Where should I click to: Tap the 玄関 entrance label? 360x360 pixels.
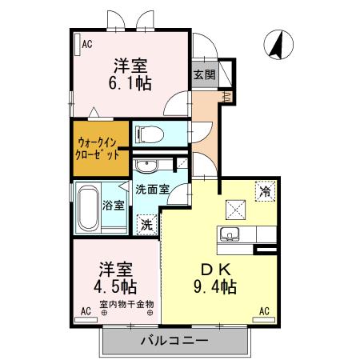tap(203, 74)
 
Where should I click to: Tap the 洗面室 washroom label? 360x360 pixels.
tap(152, 189)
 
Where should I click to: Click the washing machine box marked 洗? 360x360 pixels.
tap(146, 225)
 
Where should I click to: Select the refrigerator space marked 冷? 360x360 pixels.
tap(264, 191)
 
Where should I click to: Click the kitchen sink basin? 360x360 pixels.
tap(230, 235)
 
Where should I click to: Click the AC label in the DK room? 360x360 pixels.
tap(264, 310)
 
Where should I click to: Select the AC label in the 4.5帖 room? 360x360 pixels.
tap(86, 310)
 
